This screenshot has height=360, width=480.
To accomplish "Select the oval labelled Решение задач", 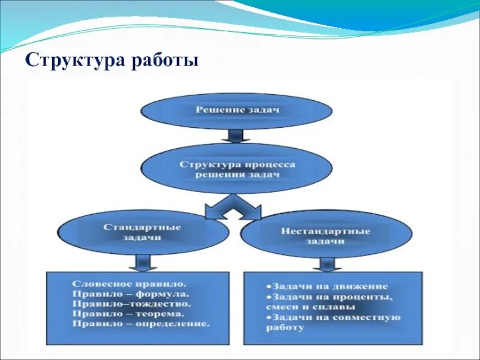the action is pyautogui.click(x=236, y=110).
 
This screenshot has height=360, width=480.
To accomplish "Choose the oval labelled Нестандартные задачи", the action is pyautogui.click(x=326, y=235).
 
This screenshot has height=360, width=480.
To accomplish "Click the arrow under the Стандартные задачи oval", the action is pyautogui.click(x=142, y=262).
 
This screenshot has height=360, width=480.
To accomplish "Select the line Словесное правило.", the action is pyautogui.click(x=129, y=281).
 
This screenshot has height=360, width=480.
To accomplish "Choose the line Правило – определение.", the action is pyautogui.click(x=141, y=323).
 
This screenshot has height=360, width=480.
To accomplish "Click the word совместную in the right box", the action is pyautogui.click(x=370, y=317).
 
